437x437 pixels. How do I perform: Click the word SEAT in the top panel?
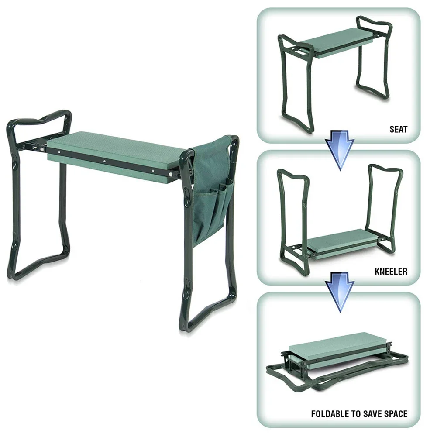[x=398, y=130]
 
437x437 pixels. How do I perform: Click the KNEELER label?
[x=390, y=272]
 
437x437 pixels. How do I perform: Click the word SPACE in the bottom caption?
[x=396, y=414]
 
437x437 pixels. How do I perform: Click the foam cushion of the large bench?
[x=118, y=146]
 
